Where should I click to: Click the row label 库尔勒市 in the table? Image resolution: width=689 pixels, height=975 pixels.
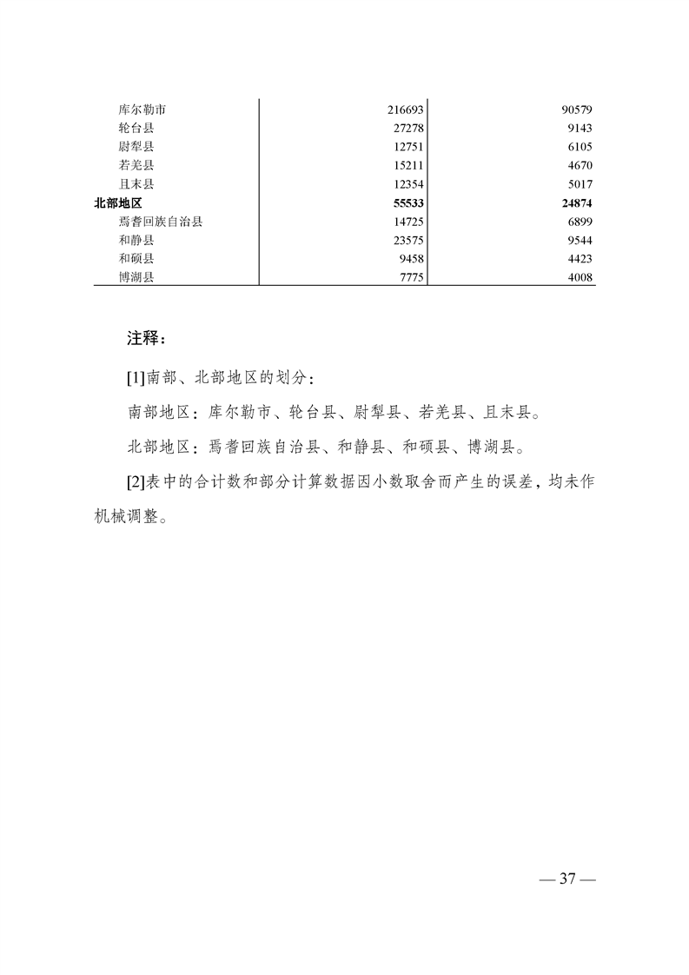coord(142,110)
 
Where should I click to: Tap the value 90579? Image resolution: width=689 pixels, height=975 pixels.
coord(576,110)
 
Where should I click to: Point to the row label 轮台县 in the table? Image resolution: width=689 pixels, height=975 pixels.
coord(136,129)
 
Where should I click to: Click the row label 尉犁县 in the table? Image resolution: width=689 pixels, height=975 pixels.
coord(136,147)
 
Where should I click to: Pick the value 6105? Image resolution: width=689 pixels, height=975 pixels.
coord(580,147)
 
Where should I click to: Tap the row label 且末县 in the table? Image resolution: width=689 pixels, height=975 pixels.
coord(136,184)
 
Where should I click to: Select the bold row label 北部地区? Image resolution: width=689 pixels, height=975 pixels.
coord(118,202)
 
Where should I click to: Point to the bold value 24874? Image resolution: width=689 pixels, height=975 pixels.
coord(576,202)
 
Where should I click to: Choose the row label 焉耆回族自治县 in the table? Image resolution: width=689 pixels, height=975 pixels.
coord(161,222)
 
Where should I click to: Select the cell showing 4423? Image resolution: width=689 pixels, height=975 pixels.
coord(580,258)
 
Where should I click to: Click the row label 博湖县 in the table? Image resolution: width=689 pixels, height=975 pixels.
coord(136,277)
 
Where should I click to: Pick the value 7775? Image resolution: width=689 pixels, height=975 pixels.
coord(408,277)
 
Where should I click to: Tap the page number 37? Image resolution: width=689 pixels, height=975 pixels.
coord(567,879)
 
